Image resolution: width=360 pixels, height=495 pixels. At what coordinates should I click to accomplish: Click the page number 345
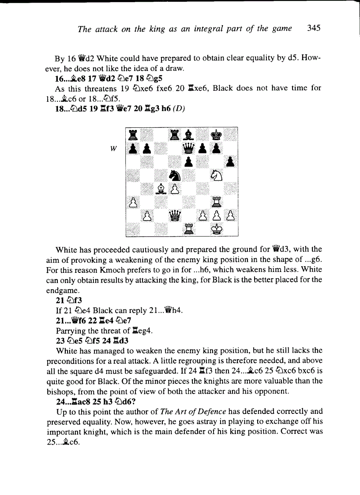[x=314, y=29]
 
